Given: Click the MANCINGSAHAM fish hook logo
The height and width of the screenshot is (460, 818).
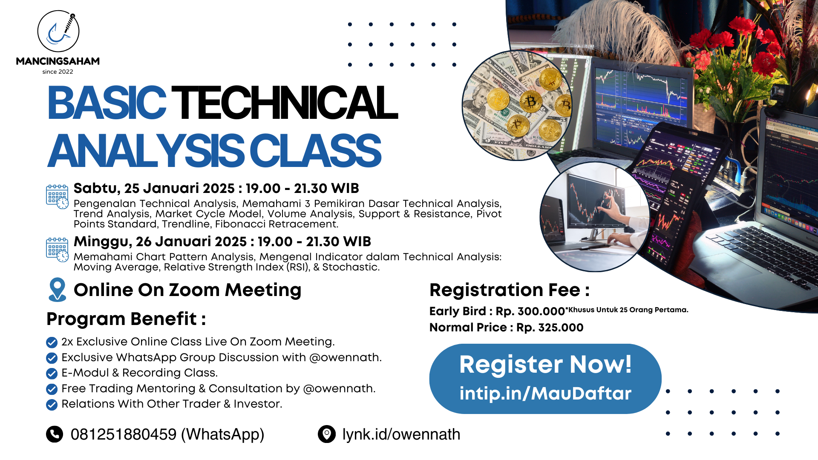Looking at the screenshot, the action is [x=58, y=32].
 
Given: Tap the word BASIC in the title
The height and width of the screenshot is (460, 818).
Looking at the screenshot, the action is [x=107, y=103].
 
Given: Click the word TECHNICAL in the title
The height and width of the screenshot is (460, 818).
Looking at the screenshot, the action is [x=285, y=103].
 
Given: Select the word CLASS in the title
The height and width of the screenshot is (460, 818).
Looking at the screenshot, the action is [x=315, y=151].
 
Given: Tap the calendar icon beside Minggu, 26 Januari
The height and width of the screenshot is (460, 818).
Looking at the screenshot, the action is [x=57, y=250].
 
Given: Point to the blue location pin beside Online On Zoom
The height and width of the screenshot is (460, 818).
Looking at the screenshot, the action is [x=58, y=290].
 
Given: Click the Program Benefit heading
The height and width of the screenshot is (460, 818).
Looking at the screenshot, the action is [x=126, y=319].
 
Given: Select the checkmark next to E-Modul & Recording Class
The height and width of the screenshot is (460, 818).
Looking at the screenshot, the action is [x=52, y=374].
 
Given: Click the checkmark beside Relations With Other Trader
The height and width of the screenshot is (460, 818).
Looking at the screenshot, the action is [x=52, y=405].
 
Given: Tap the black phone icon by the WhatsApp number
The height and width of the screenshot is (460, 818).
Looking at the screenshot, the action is [x=55, y=434].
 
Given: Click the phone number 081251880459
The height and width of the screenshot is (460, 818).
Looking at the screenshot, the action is [x=124, y=434].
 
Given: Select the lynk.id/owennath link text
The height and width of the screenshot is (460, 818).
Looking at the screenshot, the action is [x=401, y=434].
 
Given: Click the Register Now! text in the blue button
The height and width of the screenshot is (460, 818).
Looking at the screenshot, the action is [x=545, y=365].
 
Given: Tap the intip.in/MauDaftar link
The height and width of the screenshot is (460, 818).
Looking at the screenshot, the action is [x=545, y=394].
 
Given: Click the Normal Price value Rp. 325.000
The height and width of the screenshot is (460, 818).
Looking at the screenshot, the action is [x=550, y=328].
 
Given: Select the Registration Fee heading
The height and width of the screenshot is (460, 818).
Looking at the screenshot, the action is [x=510, y=290].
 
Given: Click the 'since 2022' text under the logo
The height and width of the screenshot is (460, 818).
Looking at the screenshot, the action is [x=58, y=72].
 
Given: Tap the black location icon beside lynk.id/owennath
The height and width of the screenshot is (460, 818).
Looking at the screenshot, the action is [x=327, y=434].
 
